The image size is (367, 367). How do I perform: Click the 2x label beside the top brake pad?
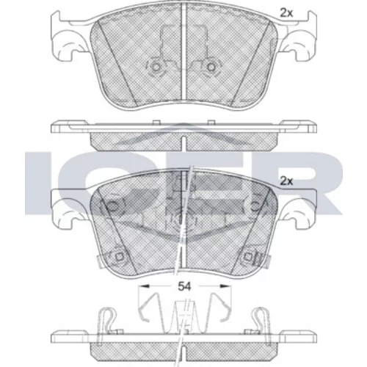[286, 13]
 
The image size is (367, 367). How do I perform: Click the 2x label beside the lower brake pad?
[286, 181]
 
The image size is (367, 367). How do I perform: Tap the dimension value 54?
[184, 286]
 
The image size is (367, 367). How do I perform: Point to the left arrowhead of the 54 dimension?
[143, 286]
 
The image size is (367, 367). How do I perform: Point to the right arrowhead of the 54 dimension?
[225, 286]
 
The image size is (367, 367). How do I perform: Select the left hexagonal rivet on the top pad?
[156, 67]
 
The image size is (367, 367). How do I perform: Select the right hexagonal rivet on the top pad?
[211, 67]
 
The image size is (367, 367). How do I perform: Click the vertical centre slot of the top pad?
[183, 53]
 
